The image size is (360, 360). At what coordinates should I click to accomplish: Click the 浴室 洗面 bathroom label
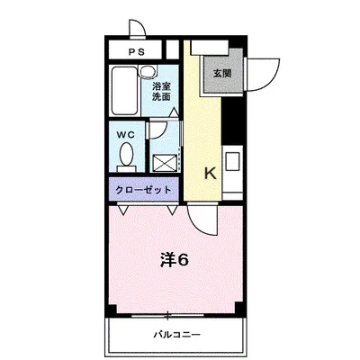pos(161,91)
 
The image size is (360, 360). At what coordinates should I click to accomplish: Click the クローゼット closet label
pos(142,190)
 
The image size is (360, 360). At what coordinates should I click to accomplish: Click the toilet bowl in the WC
pos(127,157)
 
